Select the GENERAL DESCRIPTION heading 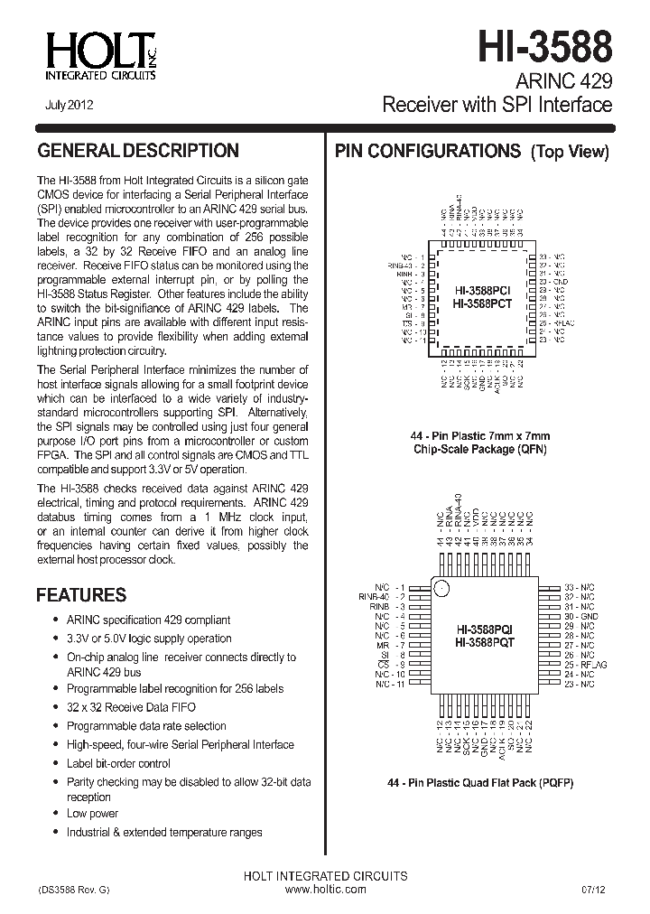pos(137,151)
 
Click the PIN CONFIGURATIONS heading pos(428,151)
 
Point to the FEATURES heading pos(80,595)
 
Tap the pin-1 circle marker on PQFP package pos(441,589)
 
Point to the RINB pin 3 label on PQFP pos(382,606)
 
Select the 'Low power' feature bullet pos(92,814)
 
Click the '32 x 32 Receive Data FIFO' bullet pos(131,707)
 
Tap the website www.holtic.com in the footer pos(325,890)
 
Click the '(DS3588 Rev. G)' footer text pos(73,890)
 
